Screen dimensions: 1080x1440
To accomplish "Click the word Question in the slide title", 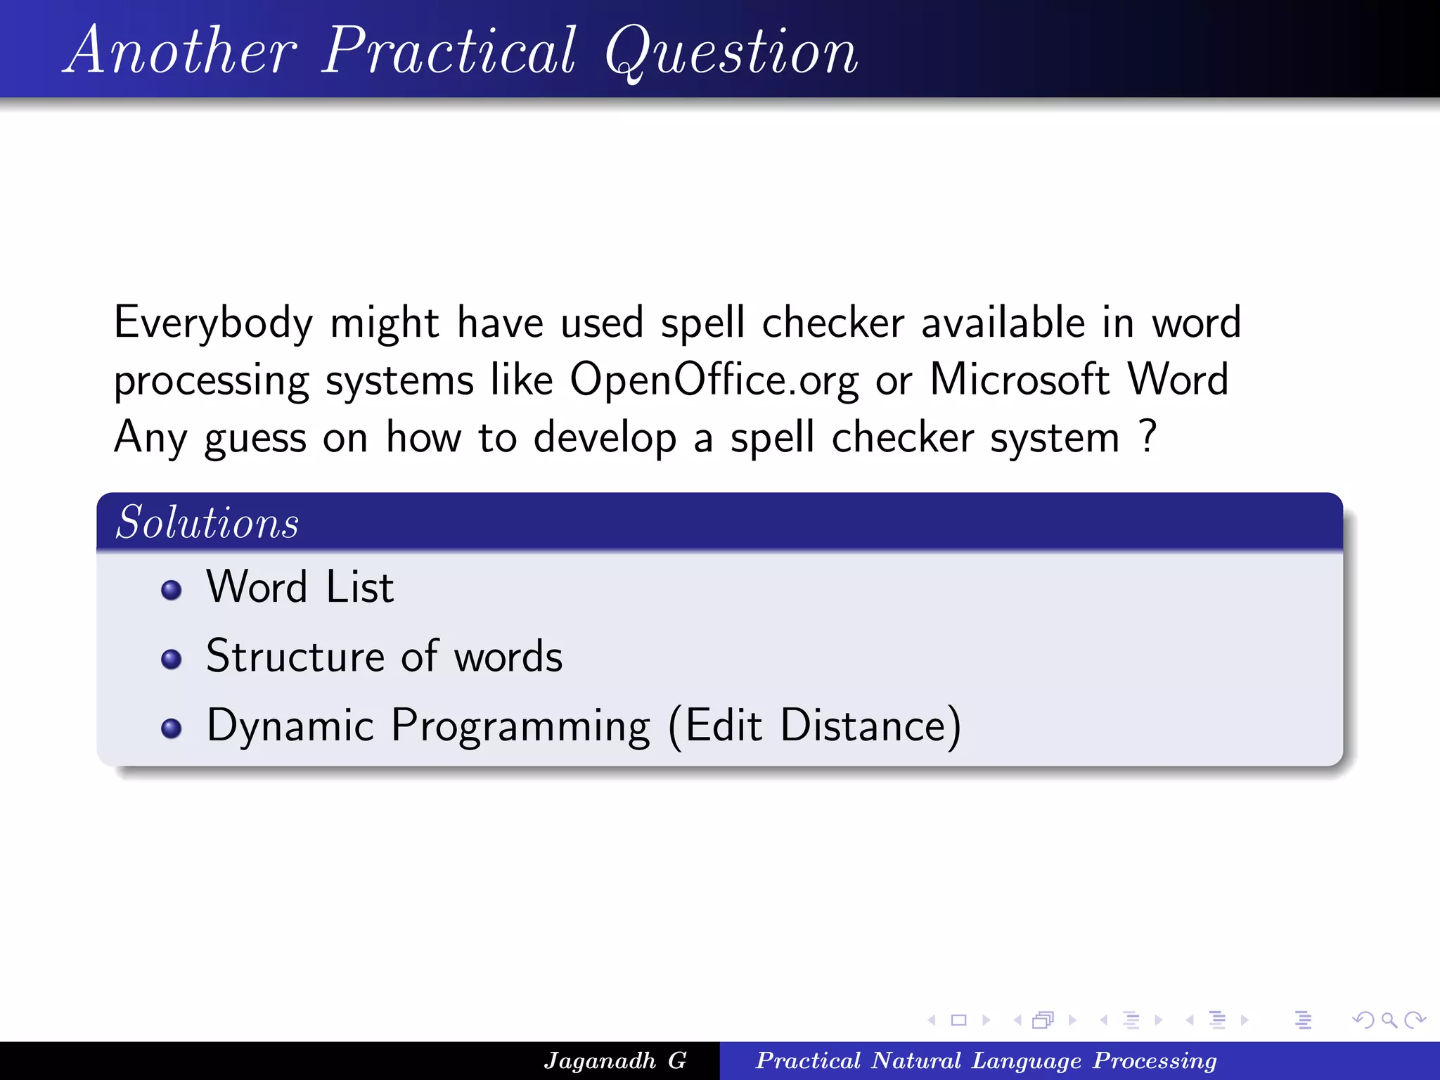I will click(x=731, y=53).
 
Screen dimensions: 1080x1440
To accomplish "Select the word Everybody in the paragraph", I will click(x=213, y=323).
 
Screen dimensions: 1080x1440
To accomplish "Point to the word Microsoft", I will click(x=1019, y=380).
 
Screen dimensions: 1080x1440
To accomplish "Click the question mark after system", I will click(x=1147, y=436).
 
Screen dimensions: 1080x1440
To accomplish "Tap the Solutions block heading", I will click(x=207, y=522).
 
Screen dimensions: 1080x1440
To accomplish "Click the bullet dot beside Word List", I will click(x=171, y=589).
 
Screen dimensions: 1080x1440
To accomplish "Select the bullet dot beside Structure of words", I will click(x=171, y=659).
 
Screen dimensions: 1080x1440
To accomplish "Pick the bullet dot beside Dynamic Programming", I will click(x=171, y=728).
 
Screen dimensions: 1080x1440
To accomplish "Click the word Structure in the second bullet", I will click(x=295, y=656).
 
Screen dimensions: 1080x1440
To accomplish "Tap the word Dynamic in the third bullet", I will click(x=290, y=726).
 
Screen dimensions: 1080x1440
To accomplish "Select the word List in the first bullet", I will click(x=359, y=587).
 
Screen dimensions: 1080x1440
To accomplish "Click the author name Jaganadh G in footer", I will click(x=615, y=1060).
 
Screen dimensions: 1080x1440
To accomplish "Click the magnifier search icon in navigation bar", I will click(x=1389, y=1020).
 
